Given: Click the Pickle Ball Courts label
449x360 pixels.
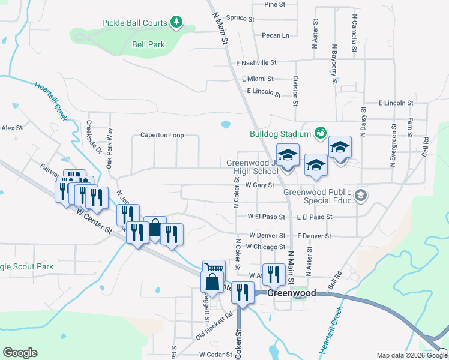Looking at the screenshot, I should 134,23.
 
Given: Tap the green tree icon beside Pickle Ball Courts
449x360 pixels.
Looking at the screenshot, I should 176,23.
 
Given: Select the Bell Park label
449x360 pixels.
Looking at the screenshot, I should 148,45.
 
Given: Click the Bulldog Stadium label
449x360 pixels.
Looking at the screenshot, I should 281,134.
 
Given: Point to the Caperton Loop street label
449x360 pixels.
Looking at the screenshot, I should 162,136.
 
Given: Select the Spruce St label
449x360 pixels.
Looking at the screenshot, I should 241,18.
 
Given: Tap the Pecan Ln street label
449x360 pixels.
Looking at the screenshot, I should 276,35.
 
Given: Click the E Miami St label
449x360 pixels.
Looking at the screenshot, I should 258,79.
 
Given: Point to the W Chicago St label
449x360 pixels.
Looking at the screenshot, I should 265,247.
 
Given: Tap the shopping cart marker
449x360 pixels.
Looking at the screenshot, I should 213,268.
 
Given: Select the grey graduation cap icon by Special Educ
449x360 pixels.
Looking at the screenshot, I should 360,194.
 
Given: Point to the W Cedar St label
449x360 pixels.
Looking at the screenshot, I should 215,355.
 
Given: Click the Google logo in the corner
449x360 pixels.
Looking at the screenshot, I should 20,353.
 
